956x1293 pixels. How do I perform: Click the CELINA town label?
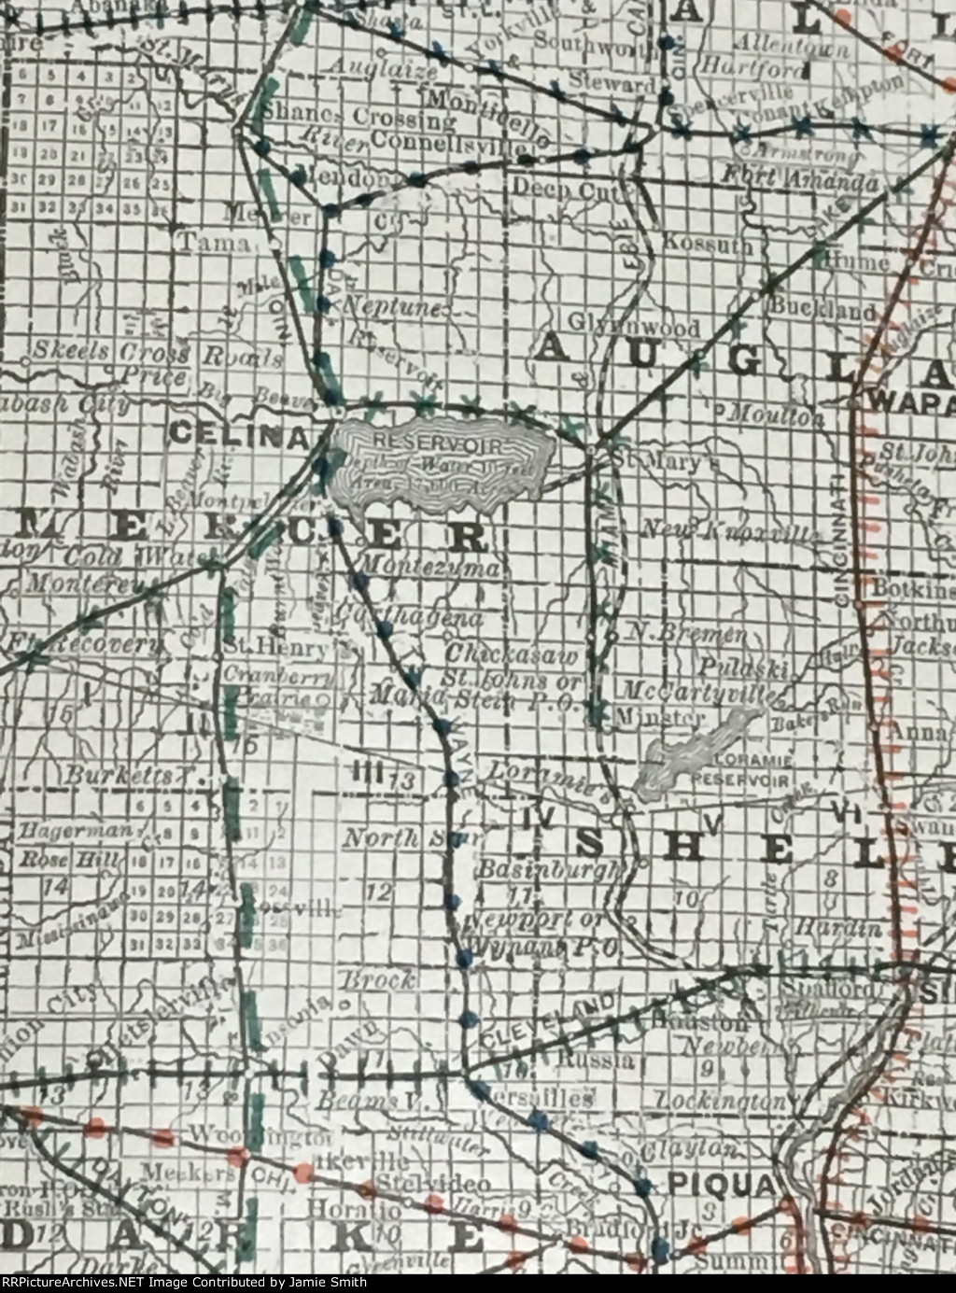coord(239,434)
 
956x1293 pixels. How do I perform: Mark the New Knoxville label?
coord(728,531)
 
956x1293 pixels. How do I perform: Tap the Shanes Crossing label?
coord(358,119)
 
